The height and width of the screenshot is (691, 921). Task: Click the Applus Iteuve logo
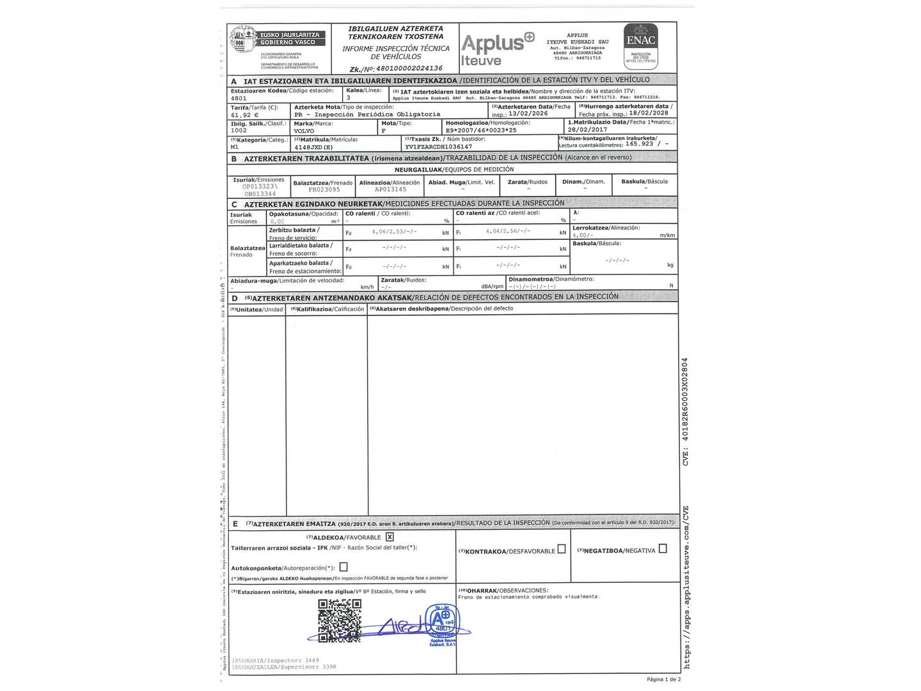pyautogui.click(x=497, y=49)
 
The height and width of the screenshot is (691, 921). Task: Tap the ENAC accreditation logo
pyautogui.click(x=641, y=46)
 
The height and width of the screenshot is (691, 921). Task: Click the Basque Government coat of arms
pyautogui.click(x=243, y=42)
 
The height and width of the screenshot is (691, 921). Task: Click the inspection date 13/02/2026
pyautogui.click(x=528, y=113)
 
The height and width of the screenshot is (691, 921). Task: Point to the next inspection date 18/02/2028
pyautogui.click(x=649, y=113)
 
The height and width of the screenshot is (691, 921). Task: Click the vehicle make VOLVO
pyautogui.click(x=304, y=131)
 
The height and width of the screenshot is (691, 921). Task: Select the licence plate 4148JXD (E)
pyautogui.click(x=314, y=147)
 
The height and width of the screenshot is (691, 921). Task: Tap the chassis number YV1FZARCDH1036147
pyautogui.click(x=438, y=147)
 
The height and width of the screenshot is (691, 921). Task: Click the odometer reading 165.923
pyautogui.click(x=640, y=144)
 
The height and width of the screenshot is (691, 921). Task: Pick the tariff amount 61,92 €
pyautogui.click(x=245, y=115)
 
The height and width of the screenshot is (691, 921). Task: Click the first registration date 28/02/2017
pyautogui.click(x=587, y=130)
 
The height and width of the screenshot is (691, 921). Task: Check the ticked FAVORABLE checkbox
pyautogui.click(x=390, y=537)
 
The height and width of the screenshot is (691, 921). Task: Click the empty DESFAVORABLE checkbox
pyautogui.click(x=562, y=549)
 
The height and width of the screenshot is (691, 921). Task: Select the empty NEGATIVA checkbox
pyautogui.click(x=663, y=548)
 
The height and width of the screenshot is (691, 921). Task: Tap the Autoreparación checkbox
pyautogui.click(x=343, y=567)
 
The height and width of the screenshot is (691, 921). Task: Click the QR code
pyautogui.click(x=340, y=621)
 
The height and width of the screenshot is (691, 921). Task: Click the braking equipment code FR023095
pyautogui.click(x=324, y=189)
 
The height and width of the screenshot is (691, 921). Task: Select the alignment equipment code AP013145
pyautogui.click(x=390, y=189)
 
